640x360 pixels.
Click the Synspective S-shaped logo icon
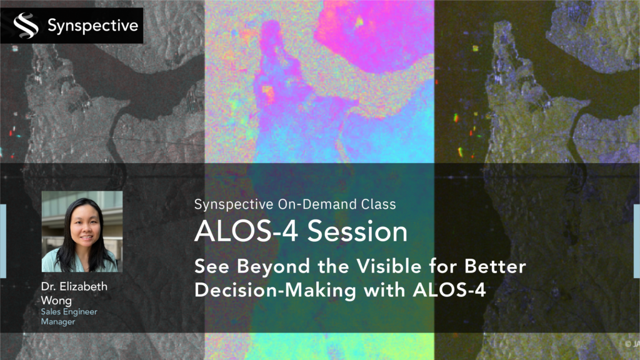click(x=26, y=25)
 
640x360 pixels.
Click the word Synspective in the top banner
click(x=93, y=26)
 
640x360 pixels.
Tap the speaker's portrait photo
click(x=82, y=231)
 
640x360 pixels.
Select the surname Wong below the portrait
click(x=56, y=301)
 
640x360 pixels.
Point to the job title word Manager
click(x=58, y=322)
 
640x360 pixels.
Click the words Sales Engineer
click(x=69, y=312)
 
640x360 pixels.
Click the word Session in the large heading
click(x=357, y=231)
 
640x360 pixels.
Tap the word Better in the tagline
click(x=495, y=266)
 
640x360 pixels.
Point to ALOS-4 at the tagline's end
click(x=449, y=290)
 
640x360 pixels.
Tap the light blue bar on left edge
click(x=3, y=241)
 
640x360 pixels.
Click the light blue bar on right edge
click(x=637, y=241)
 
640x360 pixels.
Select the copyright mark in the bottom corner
click(x=628, y=344)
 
